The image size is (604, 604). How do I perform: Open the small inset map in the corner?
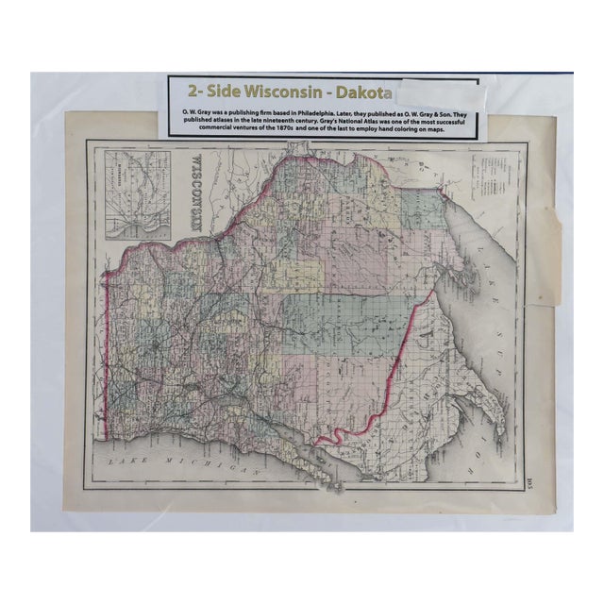coord(139,194)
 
